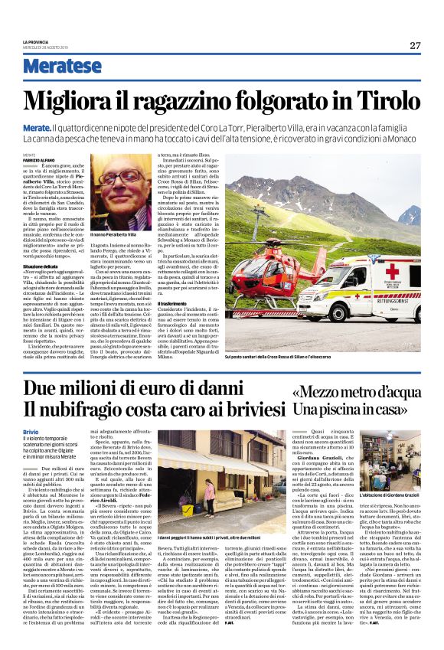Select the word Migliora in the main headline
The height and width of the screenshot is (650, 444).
pyautogui.click(x=77, y=101)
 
